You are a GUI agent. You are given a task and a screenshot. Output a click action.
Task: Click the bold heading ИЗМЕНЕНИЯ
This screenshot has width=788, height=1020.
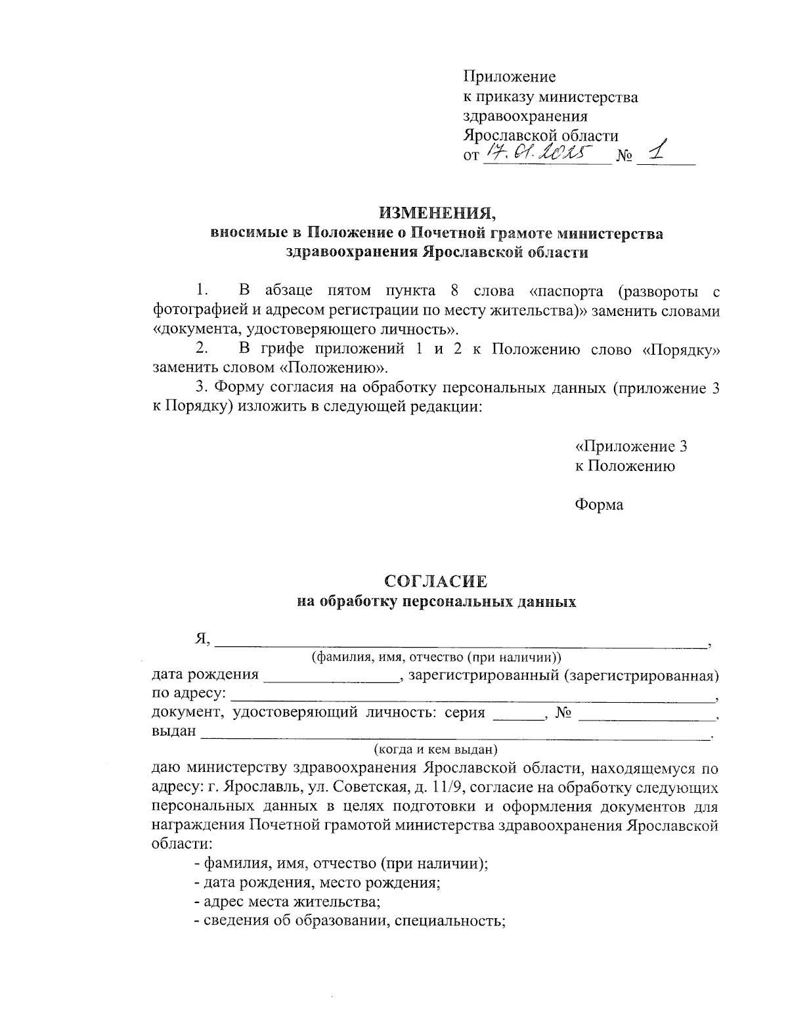[x=436, y=213]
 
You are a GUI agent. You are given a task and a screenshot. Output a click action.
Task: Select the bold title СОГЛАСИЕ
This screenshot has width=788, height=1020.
[x=436, y=581]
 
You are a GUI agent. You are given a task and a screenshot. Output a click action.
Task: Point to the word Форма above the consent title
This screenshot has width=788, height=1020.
[x=599, y=504]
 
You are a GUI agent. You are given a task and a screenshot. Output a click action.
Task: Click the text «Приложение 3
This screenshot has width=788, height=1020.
[x=631, y=447]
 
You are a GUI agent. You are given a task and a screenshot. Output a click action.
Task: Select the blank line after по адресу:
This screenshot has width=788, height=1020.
[x=473, y=697]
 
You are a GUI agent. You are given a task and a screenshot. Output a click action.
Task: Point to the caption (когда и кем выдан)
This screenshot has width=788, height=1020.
[x=435, y=749]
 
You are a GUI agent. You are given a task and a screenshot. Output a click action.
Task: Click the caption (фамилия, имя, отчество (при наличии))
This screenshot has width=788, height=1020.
[x=436, y=657]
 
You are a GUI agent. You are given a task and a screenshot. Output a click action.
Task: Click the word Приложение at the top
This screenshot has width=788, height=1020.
[x=510, y=77]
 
